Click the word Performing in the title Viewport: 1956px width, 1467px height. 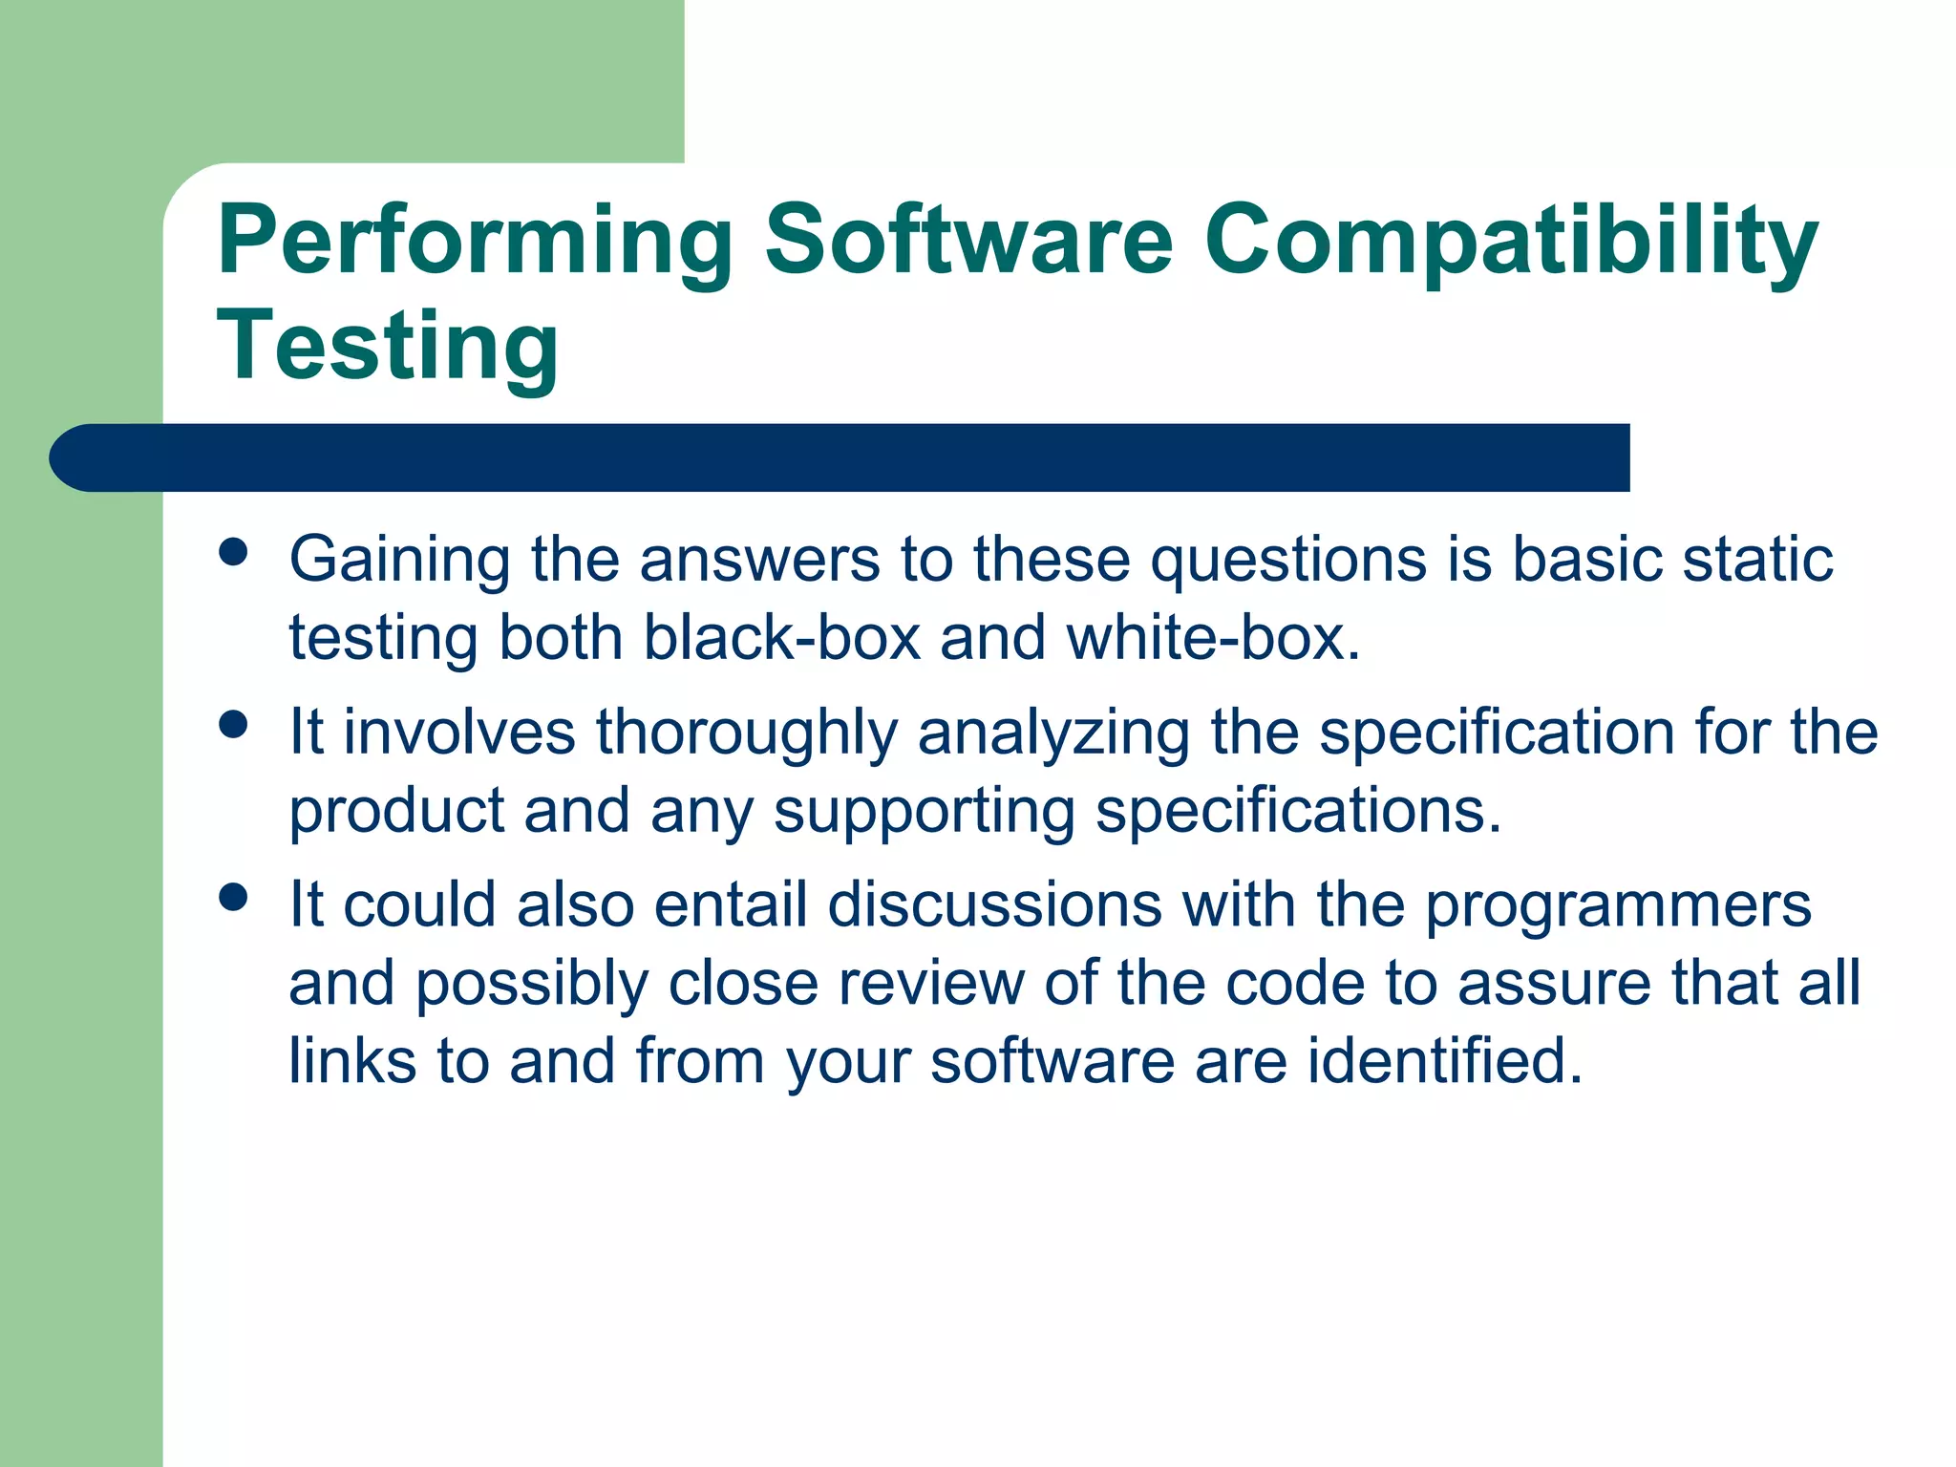tap(475, 241)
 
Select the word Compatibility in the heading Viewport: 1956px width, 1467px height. tap(1511, 241)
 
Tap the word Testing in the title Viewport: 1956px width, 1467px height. tap(388, 346)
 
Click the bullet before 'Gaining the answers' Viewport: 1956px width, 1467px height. tap(232, 551)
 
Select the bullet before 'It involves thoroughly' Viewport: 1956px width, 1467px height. tap(232, 724)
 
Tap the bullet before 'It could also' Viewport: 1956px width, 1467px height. tap(232, 897)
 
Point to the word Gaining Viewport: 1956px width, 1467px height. tap(399, 561)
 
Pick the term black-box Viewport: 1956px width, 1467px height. tap(781, 637)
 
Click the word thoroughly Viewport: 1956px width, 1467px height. tap(747, 733)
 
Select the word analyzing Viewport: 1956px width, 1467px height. tap(1053, 733)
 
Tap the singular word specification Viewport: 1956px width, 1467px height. tap(1497, 733)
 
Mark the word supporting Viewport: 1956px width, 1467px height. tap(924, 812)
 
